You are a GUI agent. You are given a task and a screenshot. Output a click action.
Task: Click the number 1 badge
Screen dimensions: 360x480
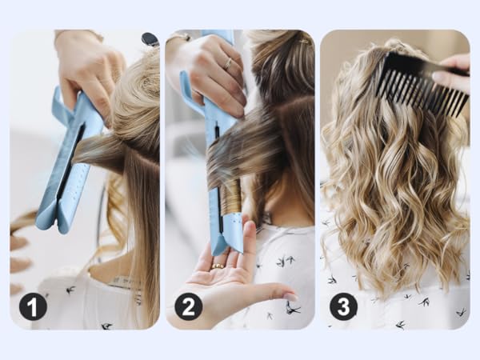pyautogui.click(x=33, y=306)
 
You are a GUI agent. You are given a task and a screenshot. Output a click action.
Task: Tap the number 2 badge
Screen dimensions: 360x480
pyautogui.click(x=188, y=306)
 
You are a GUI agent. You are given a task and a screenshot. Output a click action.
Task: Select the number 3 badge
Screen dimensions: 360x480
pyautogui.click(x=343, y=306)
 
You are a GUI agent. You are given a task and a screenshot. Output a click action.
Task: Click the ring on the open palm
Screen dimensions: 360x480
pyautogui.click(x=217, y=266)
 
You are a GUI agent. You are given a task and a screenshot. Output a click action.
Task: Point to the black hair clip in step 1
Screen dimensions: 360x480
pyautogui.click(x=150, y=39)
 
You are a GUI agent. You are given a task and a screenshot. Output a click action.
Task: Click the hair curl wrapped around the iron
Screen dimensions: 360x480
pyautogui.click(x=230, y=196)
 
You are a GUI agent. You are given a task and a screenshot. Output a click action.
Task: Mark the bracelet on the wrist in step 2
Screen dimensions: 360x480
pyautogui.click(x=178, y=37)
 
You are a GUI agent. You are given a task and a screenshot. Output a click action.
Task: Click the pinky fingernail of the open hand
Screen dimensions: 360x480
pyautogui.click(x=290, y=297)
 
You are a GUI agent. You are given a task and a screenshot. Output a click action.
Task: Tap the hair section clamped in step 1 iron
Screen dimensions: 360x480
pyautogui.click(x=100, y=148)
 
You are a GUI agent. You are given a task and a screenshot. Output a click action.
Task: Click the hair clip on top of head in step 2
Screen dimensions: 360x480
pyautogui.click(x=303, y=40)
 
